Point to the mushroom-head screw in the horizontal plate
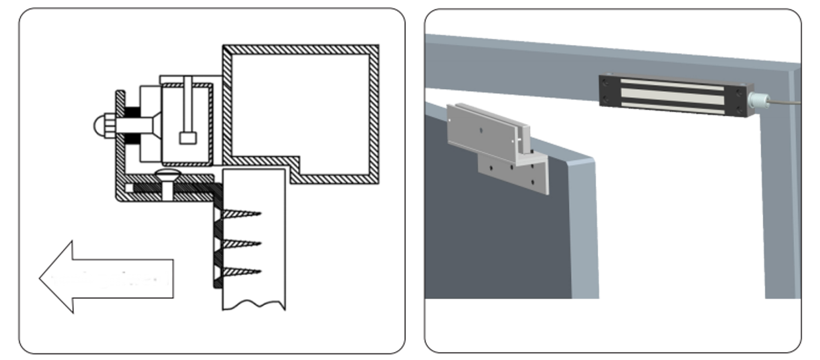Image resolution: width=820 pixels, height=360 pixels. [165, 177]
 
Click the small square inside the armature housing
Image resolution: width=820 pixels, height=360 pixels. [188, 138]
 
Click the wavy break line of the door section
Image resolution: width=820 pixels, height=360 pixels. [254, 305]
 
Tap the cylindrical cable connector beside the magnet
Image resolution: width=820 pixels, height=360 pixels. [756, 102]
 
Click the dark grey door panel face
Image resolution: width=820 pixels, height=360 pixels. [491, 239]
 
